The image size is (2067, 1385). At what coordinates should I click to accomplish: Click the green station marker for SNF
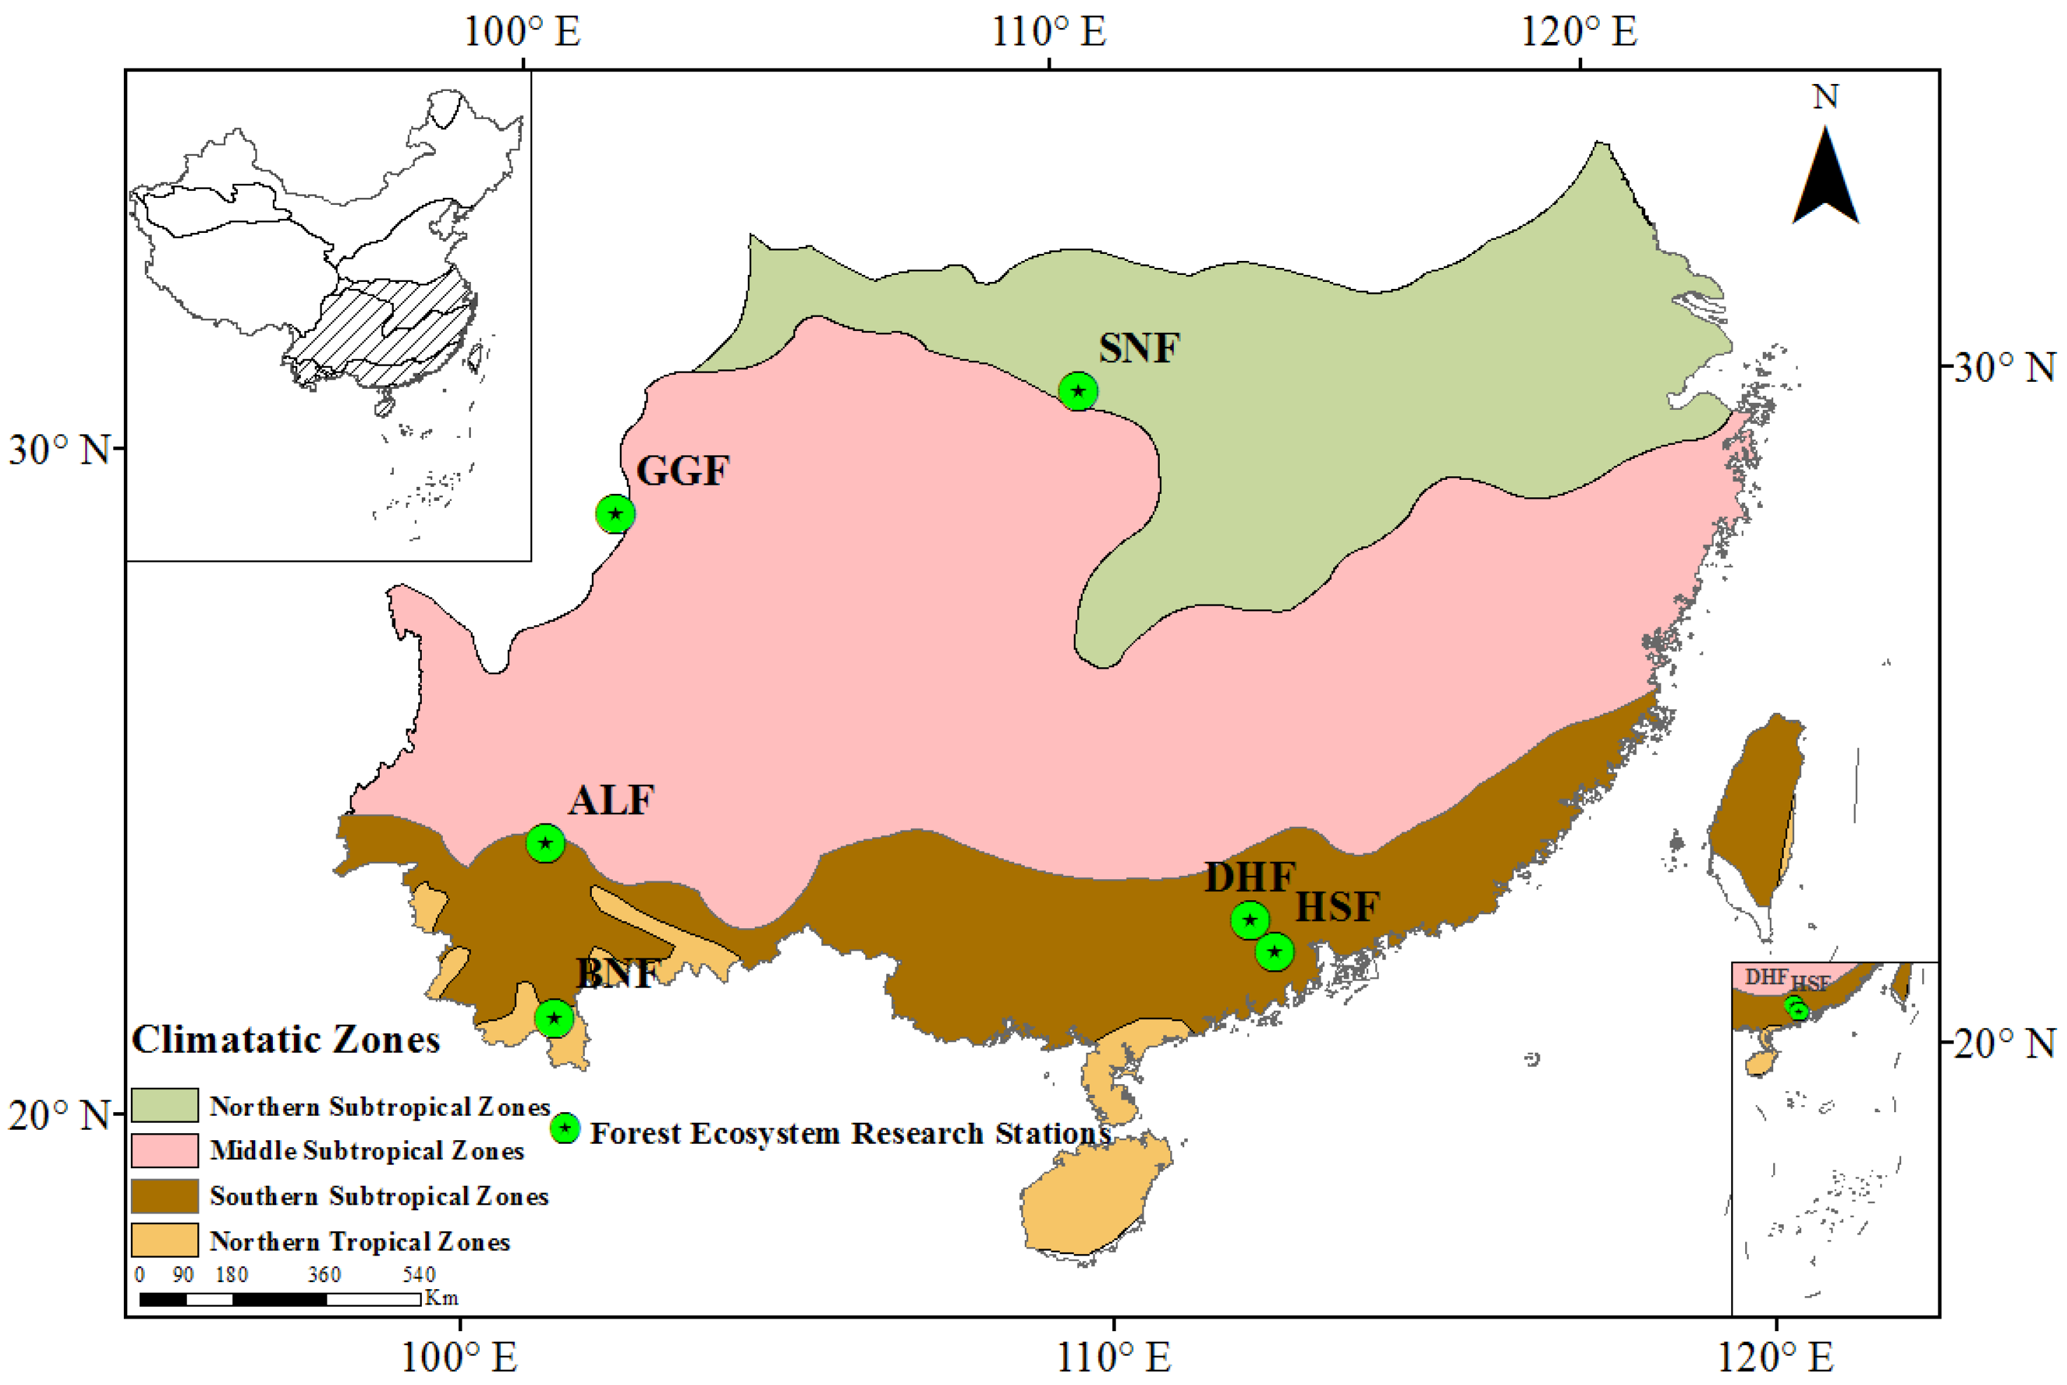pyautogui.click(x=1078, y=390)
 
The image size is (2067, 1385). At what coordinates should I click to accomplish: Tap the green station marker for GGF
pyautogui.click(x=615, y=513)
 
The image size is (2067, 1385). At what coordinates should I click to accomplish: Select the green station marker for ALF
pyautogui.click(x=545, y=843)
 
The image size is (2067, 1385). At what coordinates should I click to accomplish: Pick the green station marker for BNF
pyautogui.click(x=554, y=1018)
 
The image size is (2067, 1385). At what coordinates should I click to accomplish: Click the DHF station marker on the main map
pyautogui.click(x=1249, y=921)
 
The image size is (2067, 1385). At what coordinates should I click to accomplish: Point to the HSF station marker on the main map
pyautogui.click(x=1274, y=951)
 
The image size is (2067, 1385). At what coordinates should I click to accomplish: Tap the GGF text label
pyautogui.click(x=682, y=470)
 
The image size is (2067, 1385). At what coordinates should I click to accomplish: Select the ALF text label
pyautogui.click(x=611, y=800)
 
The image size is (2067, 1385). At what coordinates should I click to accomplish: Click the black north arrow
pyautogui.click(x=1825, y=177)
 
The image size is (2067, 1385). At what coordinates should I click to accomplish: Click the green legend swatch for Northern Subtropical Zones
pyautogui.click(x=164, y=1105)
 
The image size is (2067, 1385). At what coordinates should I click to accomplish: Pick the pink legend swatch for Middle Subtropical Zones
pyautogui.click(x=164, y=1150)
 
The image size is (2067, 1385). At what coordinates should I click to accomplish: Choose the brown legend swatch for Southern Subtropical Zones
pyautogui.click(x=164, y=1195)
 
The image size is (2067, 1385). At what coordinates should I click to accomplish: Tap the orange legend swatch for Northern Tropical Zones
pyautogui.click(x=164, y=1240)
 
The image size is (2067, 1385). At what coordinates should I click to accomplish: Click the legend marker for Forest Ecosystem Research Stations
pyautogui.click(x=564, y=1128)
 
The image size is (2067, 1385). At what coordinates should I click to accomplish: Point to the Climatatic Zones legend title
pyautogui.click(x=285, y=1039)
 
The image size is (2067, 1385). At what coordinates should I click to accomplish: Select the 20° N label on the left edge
pyautogui.click(x=58, y=1115)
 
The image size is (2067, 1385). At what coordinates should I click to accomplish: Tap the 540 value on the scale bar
pyautogui.click(x=419, y=1274)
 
